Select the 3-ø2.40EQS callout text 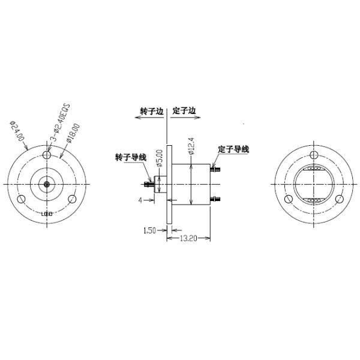click(59, 124)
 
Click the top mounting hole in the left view click(47, 155)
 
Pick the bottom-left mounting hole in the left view click(22, 199)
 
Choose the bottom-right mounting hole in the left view click(72, 199)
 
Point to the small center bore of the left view click(47, 184)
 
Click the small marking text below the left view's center click(47, 214)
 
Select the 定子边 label click(184, 111)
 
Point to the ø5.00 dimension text click(160, 158)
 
